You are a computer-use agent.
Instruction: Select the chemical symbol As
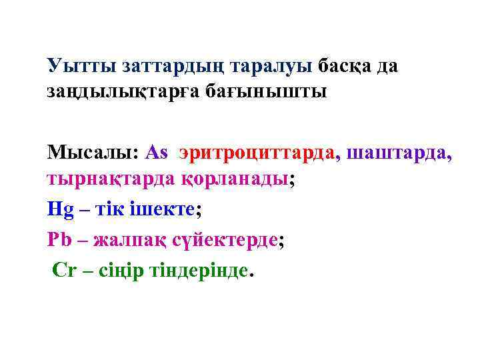(156, 152)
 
